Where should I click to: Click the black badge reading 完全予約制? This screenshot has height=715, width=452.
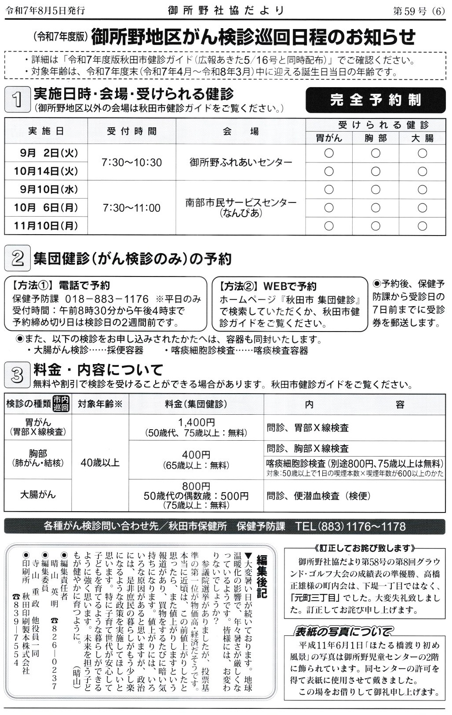point(375,100)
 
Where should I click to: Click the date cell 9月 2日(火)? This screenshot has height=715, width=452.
point(46,153)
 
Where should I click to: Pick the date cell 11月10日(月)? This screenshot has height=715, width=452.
point(46,226)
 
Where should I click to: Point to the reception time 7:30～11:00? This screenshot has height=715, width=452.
point(131,208)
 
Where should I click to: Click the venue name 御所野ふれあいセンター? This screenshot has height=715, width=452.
point(241,162)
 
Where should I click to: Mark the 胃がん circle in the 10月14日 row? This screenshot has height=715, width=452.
point(328,171)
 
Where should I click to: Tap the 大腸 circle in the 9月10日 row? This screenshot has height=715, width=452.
point(422,190)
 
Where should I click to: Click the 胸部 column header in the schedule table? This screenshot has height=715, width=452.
point(375,138)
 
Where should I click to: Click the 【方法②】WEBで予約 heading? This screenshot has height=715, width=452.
point(268,287)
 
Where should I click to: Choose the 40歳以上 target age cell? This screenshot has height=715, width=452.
point(100,462)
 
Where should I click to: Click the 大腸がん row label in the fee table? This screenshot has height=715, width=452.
point(38,495)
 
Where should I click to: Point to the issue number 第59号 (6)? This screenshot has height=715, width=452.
point(419,11)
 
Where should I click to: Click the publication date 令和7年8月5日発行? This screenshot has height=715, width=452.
point(45,11)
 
